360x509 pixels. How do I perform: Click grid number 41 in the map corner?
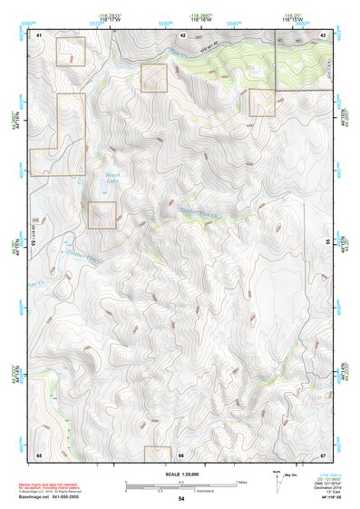[x=39, y=34]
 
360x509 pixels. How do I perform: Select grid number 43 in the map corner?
[x=324, y=34]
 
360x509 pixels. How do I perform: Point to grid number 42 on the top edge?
[x=183, y=34]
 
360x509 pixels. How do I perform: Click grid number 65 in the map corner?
[x=39, y=453]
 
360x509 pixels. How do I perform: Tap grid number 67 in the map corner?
[x=324, y=453]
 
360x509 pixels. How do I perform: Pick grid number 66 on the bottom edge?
[x=181, y=453]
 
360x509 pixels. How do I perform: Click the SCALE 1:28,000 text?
[x=180, y=474]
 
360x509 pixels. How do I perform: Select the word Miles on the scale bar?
[x=241, y=482]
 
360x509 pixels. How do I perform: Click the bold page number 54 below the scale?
[x=181, y=499]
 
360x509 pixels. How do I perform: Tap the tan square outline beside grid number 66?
[x=158, y=454]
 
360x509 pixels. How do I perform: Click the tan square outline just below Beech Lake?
[x=102, y=215]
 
